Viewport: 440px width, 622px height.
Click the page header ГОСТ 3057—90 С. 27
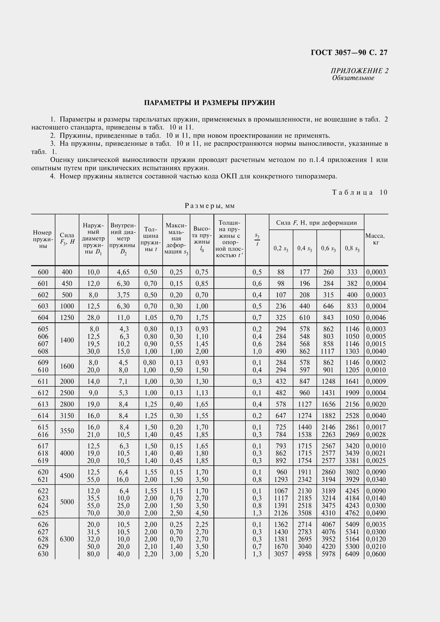tap(349, 52)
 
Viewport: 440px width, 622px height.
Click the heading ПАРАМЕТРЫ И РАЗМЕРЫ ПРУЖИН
tap(209, 103)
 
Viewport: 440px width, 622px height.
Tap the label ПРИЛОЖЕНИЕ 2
tap(359, 71)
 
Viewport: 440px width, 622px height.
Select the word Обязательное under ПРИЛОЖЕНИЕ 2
tap(353, 78)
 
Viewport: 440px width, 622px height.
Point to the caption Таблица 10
tap(360, 192)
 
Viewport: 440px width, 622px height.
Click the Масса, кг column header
tap(376, 239)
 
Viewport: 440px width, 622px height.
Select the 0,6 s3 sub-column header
tap(328, 248)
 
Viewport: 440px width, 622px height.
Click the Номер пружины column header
tap(43, 239)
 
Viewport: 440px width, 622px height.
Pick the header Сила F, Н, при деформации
tap(316, 223)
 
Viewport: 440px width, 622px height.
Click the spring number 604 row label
tap(43, 317)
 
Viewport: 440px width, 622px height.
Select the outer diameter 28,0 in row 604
tap(93, 317)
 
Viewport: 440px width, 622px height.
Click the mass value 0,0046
tap(376, 317)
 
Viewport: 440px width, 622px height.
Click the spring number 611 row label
tap(43, 381)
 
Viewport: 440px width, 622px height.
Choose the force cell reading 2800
tap(67, 404)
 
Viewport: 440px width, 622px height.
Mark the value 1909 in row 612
tap(352, 393)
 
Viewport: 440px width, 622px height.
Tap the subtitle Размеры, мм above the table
tap(209, 206)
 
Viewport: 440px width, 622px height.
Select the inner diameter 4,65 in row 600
tap(123, 272)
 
